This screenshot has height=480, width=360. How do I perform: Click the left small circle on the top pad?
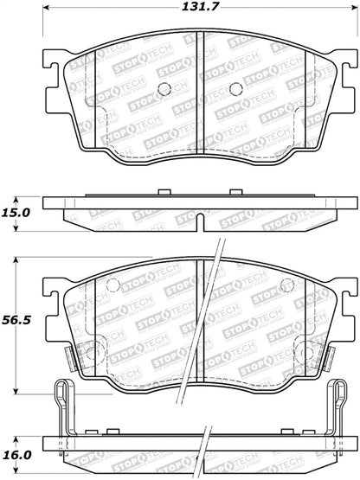165,88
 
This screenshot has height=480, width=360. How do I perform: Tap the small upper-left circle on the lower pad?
111,286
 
